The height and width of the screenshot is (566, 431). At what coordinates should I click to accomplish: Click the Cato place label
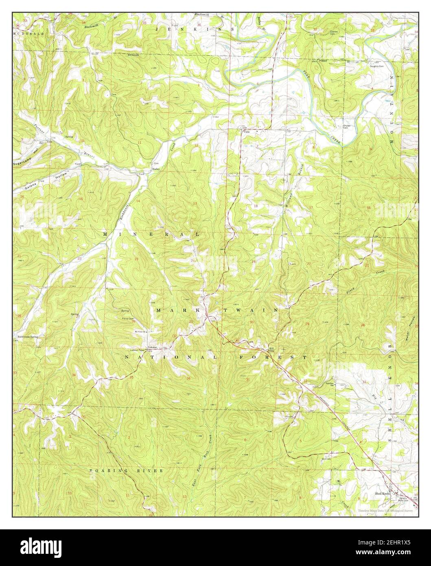(246, 132)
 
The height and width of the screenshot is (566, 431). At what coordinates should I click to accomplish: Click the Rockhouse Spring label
(28, 337)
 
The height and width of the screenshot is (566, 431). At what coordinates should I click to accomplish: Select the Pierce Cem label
(129, 319)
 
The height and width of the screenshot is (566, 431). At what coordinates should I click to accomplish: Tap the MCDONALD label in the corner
(22, 33)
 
